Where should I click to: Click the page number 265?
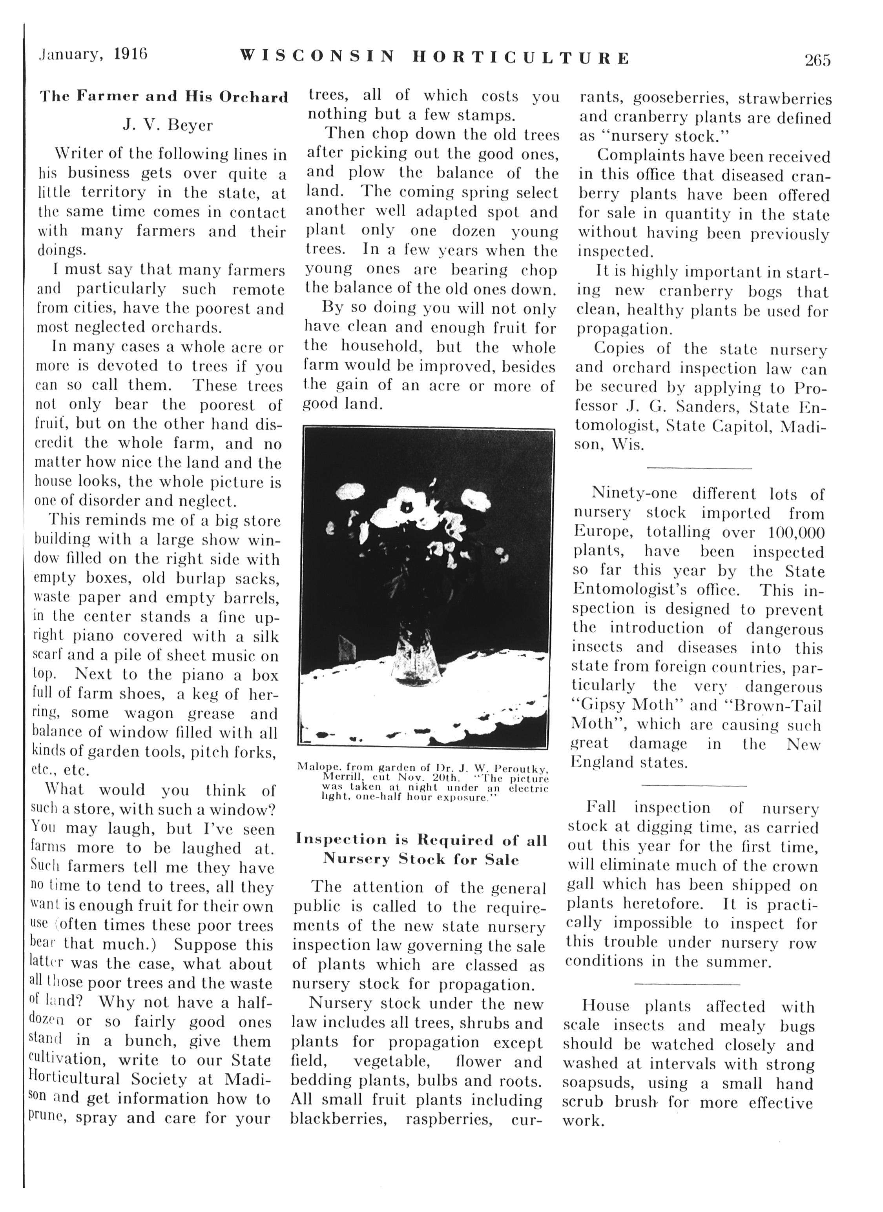pyautogui.click(x=817, y=60)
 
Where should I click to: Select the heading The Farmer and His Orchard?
pyautogui.click(x=164, y=97)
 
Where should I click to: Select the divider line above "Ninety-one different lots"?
pyautogui.click(x=699, y=468)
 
